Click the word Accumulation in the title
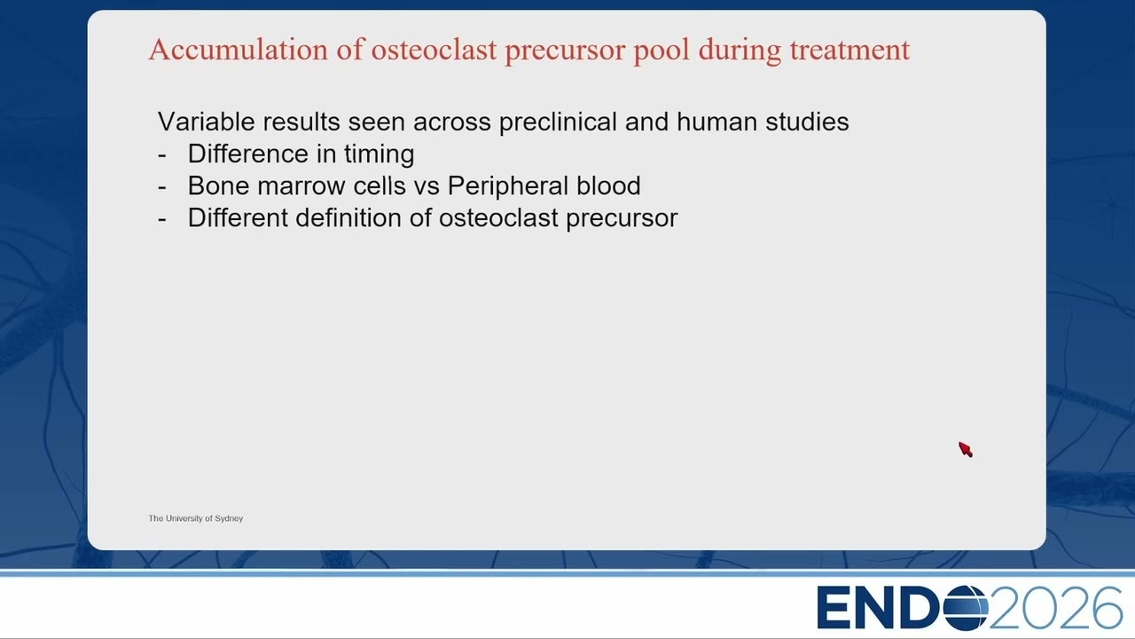point(239,50)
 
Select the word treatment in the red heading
point(849,51)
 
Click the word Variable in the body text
point(207,122)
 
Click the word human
point(717,122)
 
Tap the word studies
point(807,122)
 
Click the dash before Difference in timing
point(162,155)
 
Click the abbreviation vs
point(427,187)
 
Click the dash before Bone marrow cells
point(162,187)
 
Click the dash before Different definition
point(162,219)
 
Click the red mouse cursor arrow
point(965,449)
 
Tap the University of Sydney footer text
point(196,518)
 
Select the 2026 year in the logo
point(1055,608)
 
